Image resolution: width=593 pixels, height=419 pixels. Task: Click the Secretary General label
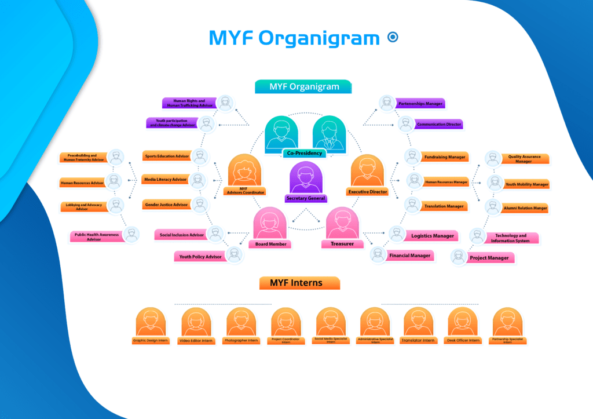(306, 198)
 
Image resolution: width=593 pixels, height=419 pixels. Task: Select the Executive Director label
(367, 191)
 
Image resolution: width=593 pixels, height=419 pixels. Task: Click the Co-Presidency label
(304, 153)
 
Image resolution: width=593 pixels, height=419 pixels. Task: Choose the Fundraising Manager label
(444, 156)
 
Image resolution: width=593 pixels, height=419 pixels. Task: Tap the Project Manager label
(489, 258)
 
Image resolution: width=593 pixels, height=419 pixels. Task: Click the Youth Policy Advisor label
(200, 256)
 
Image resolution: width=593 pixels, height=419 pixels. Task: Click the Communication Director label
(438, 124)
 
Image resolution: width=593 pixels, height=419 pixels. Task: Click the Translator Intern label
(418, 341)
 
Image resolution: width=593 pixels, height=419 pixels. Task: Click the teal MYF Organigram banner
(303, 87)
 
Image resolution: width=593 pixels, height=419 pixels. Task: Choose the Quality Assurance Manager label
(524, 159)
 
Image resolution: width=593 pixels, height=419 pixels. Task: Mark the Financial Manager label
(409, 256)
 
